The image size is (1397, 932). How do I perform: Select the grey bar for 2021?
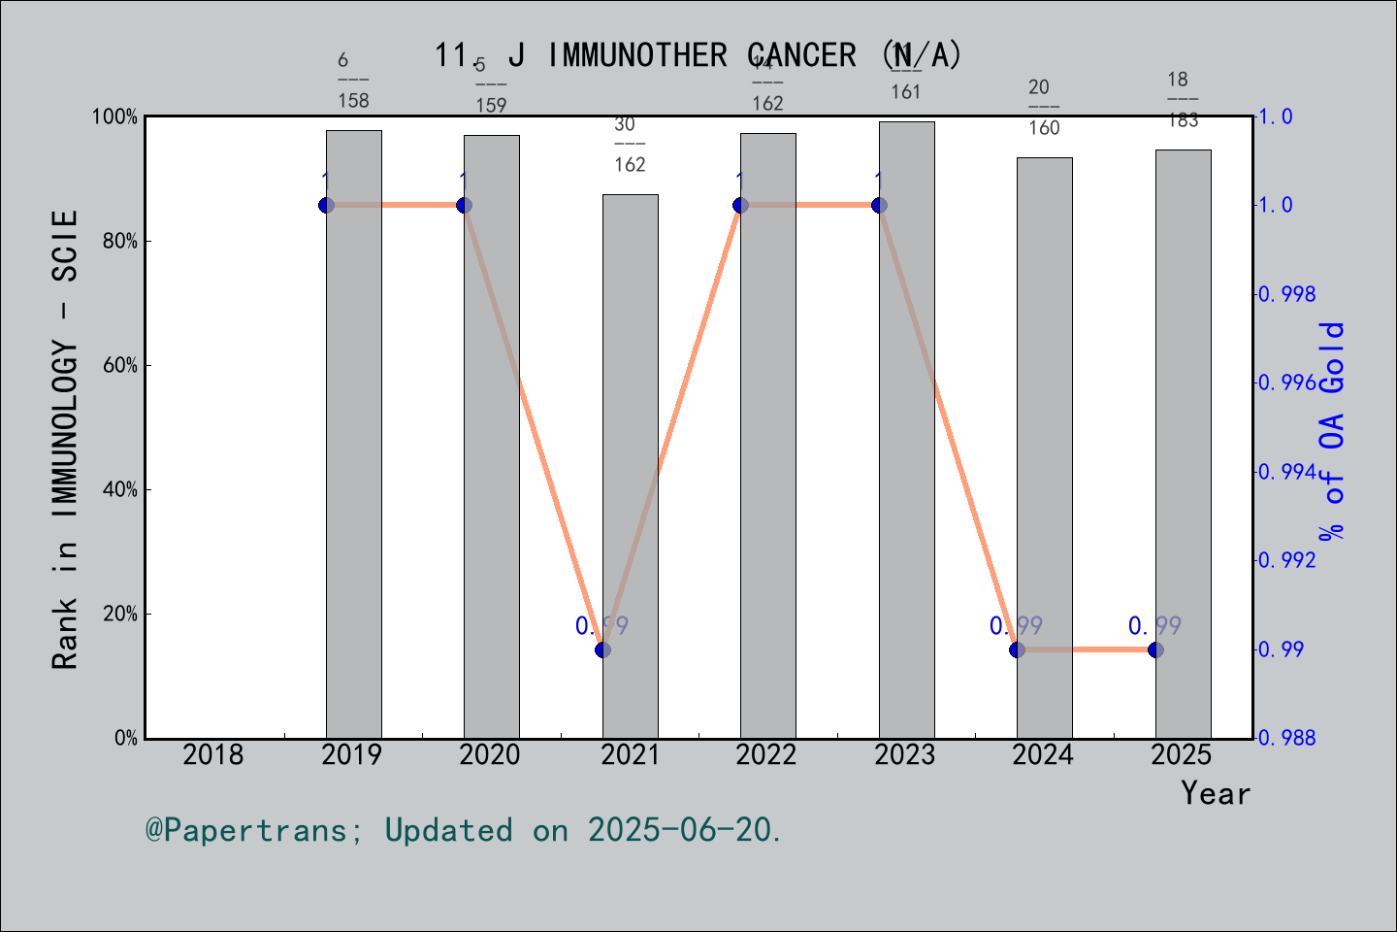pos(631,466)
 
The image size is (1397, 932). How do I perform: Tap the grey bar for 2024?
pos(1045,448)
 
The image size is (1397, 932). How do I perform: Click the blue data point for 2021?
pos(602,649)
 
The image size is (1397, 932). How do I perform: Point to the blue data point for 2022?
pos(741,205)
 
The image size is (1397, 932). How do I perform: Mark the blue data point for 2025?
pos(1155,649)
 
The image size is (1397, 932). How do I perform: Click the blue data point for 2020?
pos(465,205)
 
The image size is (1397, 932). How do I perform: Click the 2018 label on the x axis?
pos(213,754)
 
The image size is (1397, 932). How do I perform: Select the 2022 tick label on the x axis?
pos(766,754)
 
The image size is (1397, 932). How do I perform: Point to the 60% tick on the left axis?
pos(120,365)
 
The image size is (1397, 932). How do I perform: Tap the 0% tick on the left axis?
pos(126,738)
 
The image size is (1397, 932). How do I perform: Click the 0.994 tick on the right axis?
pos(1287,472)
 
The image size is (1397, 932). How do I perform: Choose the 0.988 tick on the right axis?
pos(1287,738)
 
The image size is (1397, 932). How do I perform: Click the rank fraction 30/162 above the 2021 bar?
pos(629,145)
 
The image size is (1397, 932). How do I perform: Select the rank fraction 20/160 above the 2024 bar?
pos(1043,107)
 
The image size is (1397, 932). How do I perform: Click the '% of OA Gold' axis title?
pos(1332,430)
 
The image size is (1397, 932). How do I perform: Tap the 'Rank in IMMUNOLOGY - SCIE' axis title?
pos(65,439)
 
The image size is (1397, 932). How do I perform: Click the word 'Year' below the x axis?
pos(1216,793)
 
